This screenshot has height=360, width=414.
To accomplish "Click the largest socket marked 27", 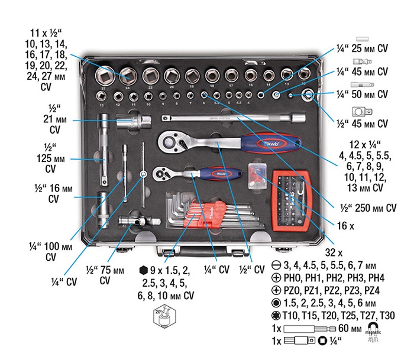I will coord(107,75).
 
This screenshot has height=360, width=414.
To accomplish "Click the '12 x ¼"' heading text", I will coord(362,145).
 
